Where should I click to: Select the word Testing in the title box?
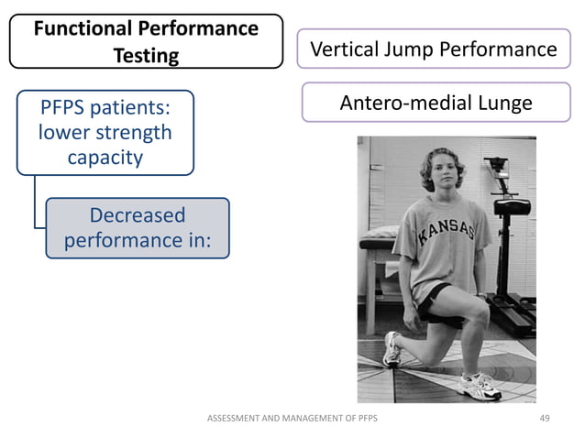coord(146,56)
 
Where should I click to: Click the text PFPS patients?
coord(104,108)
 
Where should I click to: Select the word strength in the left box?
coord(130,133)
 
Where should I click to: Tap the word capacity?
coord(105,157)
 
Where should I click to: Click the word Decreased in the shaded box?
coord(137,215)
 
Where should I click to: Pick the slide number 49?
coord(545,418)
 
